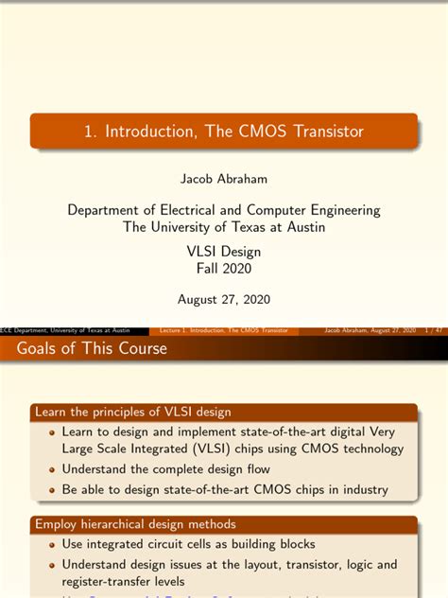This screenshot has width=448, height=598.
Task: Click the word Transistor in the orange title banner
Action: (318, 131)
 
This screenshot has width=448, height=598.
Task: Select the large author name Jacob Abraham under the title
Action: (224, 177)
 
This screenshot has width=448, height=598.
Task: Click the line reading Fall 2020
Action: (224, 269)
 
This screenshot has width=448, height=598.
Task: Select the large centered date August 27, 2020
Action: (224, 299)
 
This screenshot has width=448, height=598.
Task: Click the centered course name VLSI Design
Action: (224, 252)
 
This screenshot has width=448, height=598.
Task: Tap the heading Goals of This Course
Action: (92, 349)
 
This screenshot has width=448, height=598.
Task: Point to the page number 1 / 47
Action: (436, 331)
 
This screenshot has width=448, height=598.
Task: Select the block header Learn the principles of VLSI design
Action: (133, 412)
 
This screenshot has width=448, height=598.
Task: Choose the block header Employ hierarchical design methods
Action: (136, 523)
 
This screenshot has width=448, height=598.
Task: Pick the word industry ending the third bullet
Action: (364, 489)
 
